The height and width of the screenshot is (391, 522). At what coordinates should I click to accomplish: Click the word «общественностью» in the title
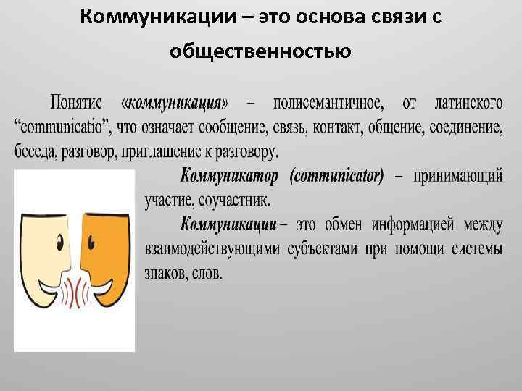coord(260,51)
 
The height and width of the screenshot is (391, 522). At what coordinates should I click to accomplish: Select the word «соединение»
coord(467,128)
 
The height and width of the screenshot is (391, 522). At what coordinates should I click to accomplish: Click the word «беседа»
coord(38,152)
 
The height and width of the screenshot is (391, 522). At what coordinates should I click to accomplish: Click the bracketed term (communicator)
coord(336,176)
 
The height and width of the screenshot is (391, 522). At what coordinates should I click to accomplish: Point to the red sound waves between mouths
coord(75,294)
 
